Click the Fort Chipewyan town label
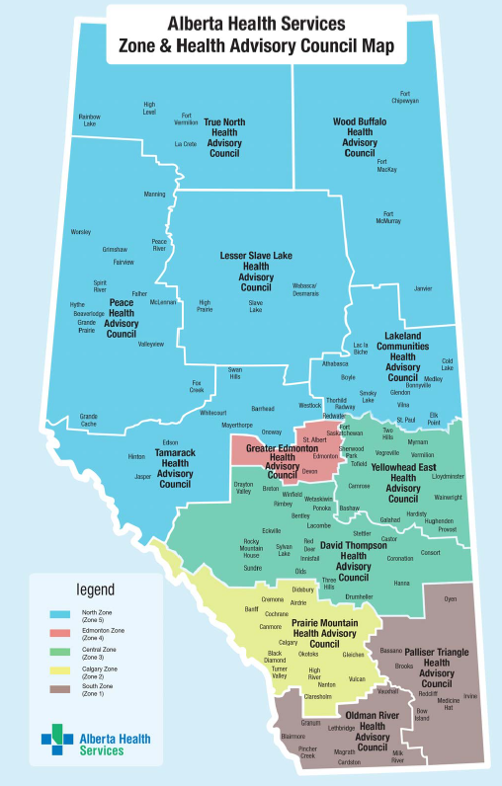[x=404, y=97]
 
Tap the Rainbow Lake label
[x=89, y=120]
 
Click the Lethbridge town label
[x=342, y=728]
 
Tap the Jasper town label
[x=143, y=476]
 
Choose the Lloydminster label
[x=448, y=475]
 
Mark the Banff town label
[x=251, y=610]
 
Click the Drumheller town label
[x=359, y=596]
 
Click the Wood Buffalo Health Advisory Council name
[x=359, y=137]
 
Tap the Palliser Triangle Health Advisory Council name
[x=436, y=668]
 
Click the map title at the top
[x=255, y=33]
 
